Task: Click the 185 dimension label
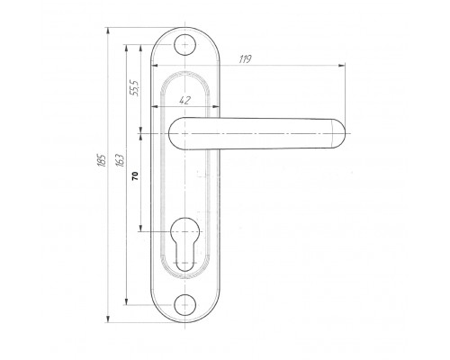pyautogui.click(x=102, y=160)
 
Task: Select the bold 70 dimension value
pyautogui.click(x=136, y=175)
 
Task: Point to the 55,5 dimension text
pyautogui.click(x=134, y=88)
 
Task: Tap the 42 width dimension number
pyautogui.click(x=184, y=100)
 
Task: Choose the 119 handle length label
pyautogui.click(x=245, y=59)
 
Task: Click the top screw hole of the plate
pyautogui.click(x=185, y=45)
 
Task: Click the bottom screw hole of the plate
pyautogui.click(x=185, y=305)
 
